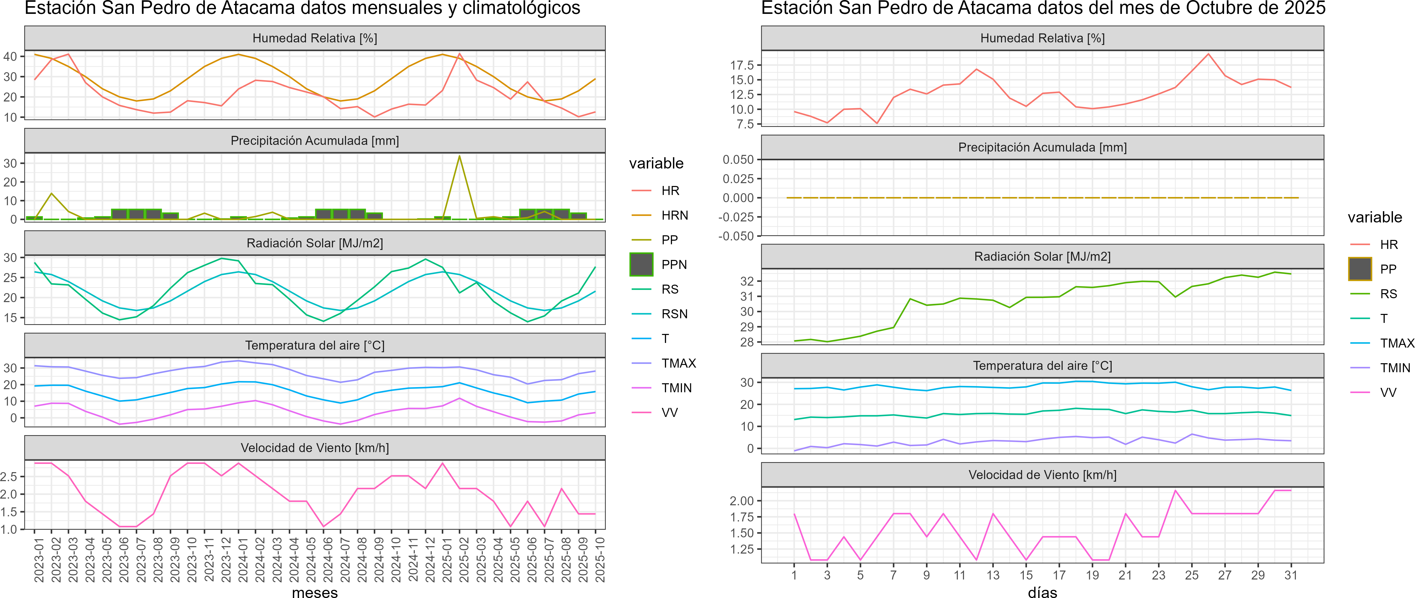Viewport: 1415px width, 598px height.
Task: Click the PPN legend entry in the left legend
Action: pos(673,264)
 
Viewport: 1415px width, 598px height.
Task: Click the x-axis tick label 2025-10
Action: pos(600,559)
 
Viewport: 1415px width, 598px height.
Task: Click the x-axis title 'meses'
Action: pos(315,592)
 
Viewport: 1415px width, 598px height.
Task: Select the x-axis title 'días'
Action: pos(1042,592)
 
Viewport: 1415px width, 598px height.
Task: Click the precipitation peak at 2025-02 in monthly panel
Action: pos(459,156)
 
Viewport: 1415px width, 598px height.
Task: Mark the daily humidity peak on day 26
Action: pos(1208,54)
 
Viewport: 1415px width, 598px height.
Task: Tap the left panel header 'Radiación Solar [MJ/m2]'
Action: pos(315,243)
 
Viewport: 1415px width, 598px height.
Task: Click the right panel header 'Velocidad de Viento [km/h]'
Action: pos(1042,475)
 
